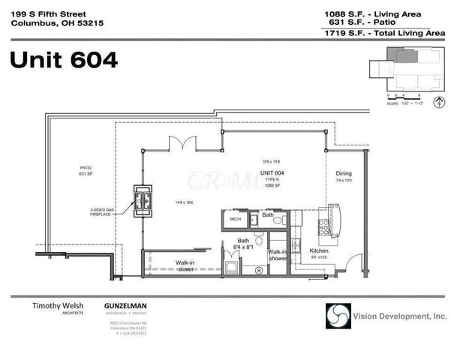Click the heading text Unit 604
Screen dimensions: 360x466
pyautogui.click(x=64, y=59)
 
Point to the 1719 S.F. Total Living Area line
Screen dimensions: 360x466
pyautogui.click(x=384, y=33)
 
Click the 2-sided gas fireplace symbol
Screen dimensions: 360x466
pyautogui.click(x=143, y=201)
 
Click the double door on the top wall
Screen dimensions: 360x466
pyautogui.click(x=182, y=142)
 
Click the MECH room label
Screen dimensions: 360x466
pyautogui.click(x=235, y=219)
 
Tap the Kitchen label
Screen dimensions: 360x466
pyautogui.click(x=320, y=250)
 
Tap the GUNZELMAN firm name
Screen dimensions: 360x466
pyautogui.click(x=125, y=307)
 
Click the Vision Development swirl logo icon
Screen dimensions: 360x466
pyautogui.click(x=338, y=315)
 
